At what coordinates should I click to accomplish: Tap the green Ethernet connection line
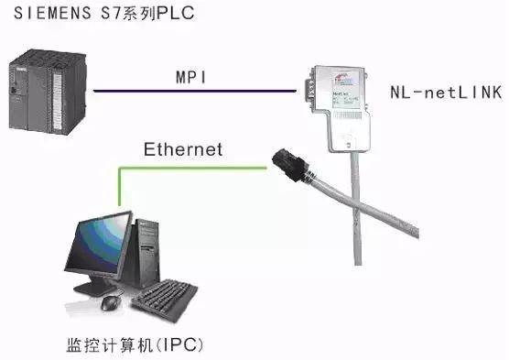tap(183, 168)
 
